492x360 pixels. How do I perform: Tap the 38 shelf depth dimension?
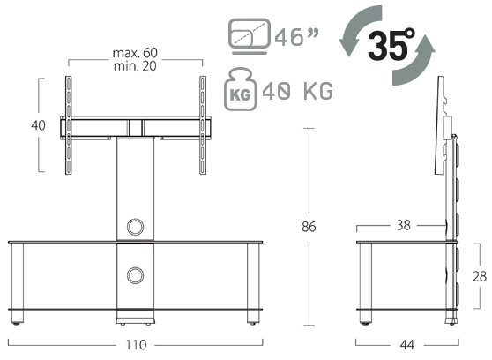pos(404,225)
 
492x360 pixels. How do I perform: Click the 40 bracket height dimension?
pos(38,125)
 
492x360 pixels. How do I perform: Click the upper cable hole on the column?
pos(135,226)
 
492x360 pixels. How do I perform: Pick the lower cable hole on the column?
pos(135,276)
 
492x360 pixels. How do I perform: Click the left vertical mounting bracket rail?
pos(67,128)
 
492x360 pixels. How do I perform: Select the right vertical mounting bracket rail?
pos(204,128)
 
